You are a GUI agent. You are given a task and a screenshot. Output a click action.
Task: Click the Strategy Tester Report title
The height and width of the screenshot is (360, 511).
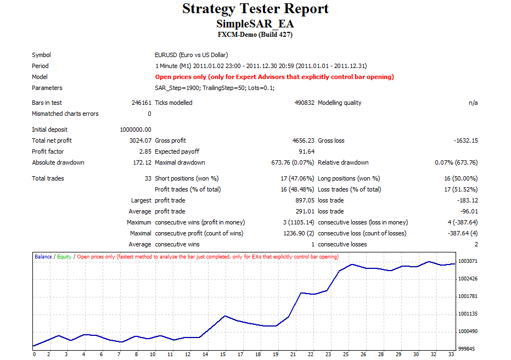[x=256, y=9]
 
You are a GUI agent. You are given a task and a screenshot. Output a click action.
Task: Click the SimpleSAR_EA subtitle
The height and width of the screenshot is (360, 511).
[x=255, y=24]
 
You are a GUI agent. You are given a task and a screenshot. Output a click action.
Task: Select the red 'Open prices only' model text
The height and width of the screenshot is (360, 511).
[x=274, y=77]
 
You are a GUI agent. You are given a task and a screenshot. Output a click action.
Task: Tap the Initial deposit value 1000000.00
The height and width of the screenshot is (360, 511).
[x=136, y=130]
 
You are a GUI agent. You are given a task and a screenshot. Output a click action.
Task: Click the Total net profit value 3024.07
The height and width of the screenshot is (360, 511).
[x=141, y=140]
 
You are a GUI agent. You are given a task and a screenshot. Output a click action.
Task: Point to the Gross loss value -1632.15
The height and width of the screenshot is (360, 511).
[x=465, y=140]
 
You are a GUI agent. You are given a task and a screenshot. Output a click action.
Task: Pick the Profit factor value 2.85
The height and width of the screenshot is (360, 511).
[x=145, y=151]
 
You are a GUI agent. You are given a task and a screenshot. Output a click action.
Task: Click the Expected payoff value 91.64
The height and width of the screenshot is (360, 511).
[x=307, y=151]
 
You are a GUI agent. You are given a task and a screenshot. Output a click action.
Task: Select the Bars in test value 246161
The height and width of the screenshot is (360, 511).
[x=142, y=103]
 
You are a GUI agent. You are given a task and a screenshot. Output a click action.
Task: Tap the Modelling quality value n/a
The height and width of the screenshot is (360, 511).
[x=473, y=103]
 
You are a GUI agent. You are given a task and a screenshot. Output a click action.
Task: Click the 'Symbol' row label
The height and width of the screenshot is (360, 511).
[x=41, y=55]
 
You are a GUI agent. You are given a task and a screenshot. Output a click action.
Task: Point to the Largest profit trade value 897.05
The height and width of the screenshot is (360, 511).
[x=305, y=200]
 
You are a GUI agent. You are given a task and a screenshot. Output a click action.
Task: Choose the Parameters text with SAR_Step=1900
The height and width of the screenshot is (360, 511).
[x=215, y=88]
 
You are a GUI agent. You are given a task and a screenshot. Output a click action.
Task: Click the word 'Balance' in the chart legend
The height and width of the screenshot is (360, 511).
[x=43, y=257]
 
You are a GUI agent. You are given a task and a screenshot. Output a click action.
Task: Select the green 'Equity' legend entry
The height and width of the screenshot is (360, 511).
[x=64, y=257]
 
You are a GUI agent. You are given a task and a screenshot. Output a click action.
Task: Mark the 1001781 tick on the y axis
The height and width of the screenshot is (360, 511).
[x=468, y=296]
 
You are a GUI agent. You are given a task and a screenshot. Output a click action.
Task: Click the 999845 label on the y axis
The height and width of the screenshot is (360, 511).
[x=467, y=348]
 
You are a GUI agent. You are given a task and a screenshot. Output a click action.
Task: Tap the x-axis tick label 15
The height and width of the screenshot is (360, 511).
[x=223, y=355]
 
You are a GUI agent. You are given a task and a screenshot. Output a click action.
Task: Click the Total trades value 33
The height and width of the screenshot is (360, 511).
[x=148, y=178]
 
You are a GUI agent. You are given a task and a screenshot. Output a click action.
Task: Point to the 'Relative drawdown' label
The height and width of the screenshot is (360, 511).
[x=343, y=162]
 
